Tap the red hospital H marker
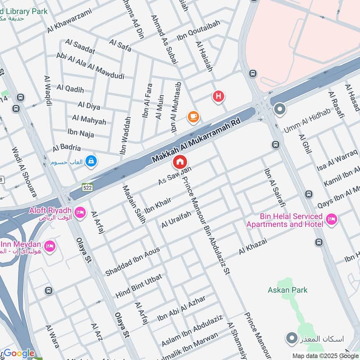(218, 96)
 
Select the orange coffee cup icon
(193, 117)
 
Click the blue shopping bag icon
(91, 161)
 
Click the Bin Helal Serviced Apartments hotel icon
(332, 219)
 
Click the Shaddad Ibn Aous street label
(132, 261)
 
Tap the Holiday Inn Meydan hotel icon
(49, 246)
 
